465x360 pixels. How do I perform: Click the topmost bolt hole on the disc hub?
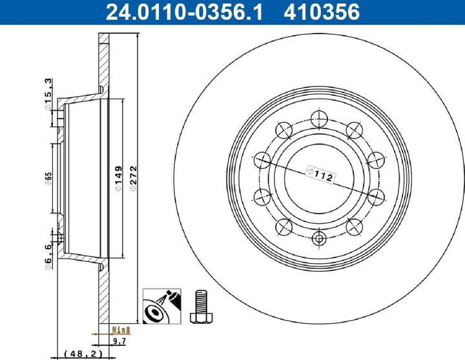[317, 118]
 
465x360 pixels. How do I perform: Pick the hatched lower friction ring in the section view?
[104, 297]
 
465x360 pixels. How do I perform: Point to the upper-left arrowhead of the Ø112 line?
[265, 159]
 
